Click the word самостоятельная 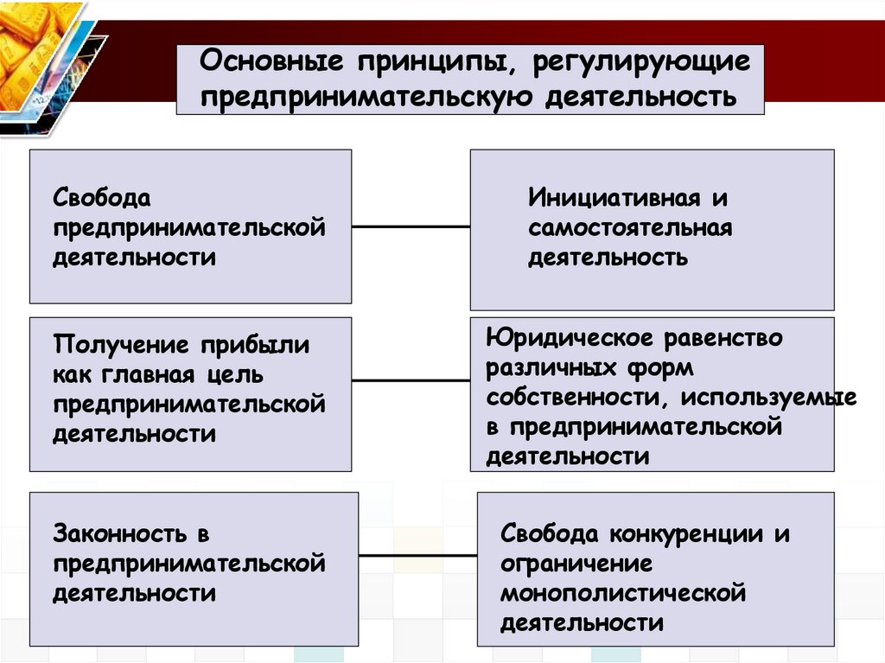click(631, 228)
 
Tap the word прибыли click(257, 346)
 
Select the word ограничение click(576, 564)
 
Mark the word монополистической click(623, 593)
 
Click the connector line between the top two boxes click(411, 226)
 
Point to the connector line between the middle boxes click(411, 380)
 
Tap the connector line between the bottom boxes click(417, 555)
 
